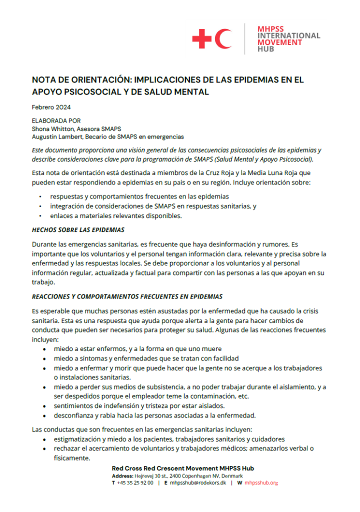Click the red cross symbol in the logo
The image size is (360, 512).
point(202,38)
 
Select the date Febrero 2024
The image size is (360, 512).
point(51,107)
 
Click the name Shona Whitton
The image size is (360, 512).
point(54,128)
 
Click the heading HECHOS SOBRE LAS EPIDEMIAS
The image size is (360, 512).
point(78,230)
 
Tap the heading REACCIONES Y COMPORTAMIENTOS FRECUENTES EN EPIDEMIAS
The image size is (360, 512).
point(127,296)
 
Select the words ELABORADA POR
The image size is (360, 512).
point(56,120)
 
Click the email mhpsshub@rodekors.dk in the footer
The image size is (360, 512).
point(198,483)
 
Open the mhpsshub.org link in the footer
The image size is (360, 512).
point(261,483)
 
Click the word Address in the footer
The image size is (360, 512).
point(122,475)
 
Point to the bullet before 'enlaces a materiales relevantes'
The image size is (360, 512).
point(40,216)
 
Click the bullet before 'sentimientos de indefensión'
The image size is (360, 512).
point(46,405)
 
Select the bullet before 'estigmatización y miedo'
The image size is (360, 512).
point(46,439)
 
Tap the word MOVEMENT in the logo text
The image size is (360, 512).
point(279,42)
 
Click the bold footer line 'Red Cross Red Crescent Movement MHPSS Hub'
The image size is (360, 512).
point(182,468)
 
